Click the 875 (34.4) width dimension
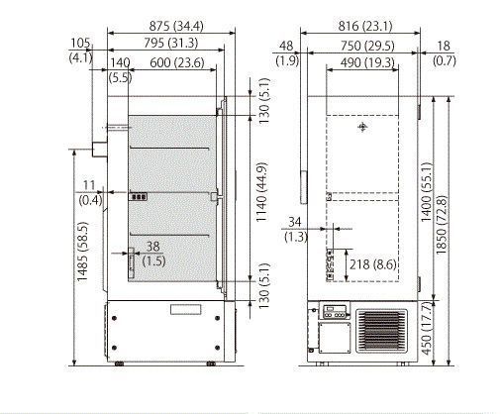click(x=176, y=26)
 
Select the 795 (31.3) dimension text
click(x=171, y=43)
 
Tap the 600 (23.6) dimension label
click(x=177, y=62)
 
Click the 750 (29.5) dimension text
click(x=367, y=46)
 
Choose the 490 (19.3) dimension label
click(x=367, y=62)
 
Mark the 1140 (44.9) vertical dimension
click(x=261, y=192)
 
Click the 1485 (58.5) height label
click(x=82, y=252)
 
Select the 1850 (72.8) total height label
click(x=442, y=226)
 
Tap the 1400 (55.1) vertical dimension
click(x=426, y=192)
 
